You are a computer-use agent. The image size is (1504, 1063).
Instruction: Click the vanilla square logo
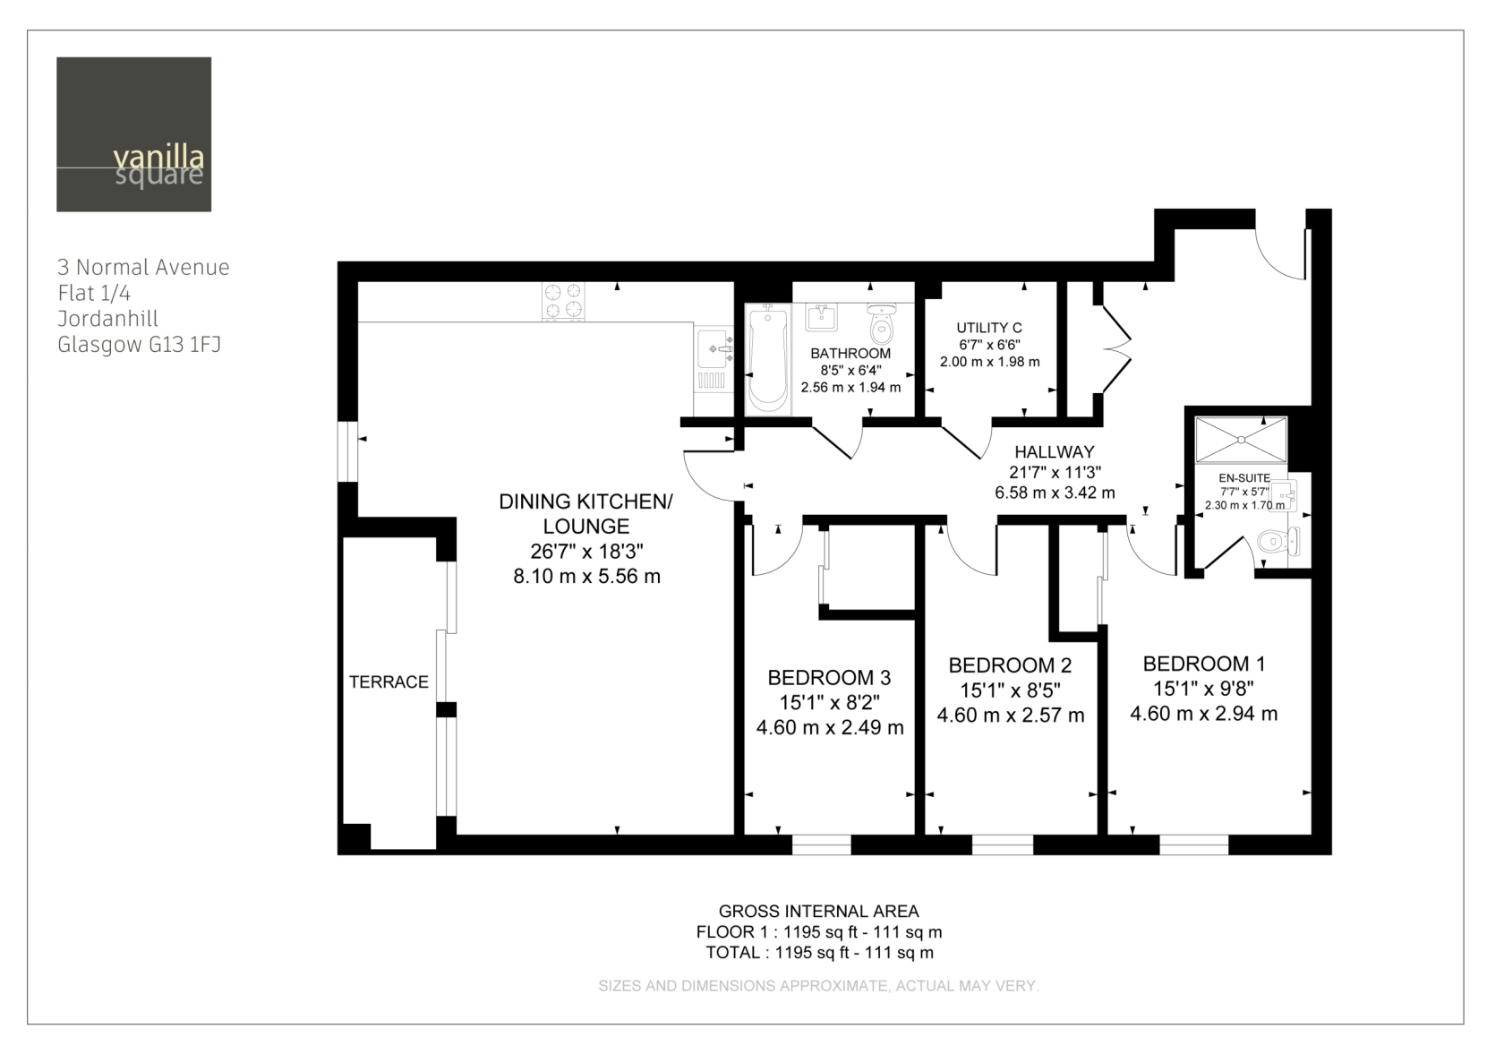click(x=133, y=134)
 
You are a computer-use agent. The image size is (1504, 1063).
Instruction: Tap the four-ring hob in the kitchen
click(x=562, y=301)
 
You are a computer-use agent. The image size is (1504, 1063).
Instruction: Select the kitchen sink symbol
click(x=714, y=358)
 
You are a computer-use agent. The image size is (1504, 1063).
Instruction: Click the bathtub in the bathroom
click(x=768, y=359)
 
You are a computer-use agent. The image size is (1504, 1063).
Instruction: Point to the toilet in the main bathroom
click(x=882, y=323)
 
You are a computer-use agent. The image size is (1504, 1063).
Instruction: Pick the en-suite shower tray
click(x=1241, y=440)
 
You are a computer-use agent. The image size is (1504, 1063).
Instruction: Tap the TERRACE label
click(x=389, y=682)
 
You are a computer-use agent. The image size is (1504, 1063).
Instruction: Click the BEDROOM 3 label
click(x=829, y=678)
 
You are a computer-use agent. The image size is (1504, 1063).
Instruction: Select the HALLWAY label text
click(x=1055, y=452)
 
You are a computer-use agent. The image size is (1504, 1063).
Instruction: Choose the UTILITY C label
click(x=989, y=328)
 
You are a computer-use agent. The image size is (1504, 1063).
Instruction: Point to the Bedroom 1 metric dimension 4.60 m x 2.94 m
click(x=1203, y=713)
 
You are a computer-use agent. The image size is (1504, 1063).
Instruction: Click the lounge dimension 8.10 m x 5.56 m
click(x=587, y=576)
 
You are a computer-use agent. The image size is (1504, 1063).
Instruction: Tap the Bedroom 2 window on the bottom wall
click(x=1003, y=844)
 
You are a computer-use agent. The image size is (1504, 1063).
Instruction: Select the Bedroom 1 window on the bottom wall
click(x=1194, y=844)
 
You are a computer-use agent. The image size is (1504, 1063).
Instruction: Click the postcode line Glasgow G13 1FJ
click(x=139, y=345)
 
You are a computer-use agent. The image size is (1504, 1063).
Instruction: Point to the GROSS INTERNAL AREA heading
click(x=818, y=912)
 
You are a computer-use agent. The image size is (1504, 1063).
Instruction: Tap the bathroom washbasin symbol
click(x=821, y=317)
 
